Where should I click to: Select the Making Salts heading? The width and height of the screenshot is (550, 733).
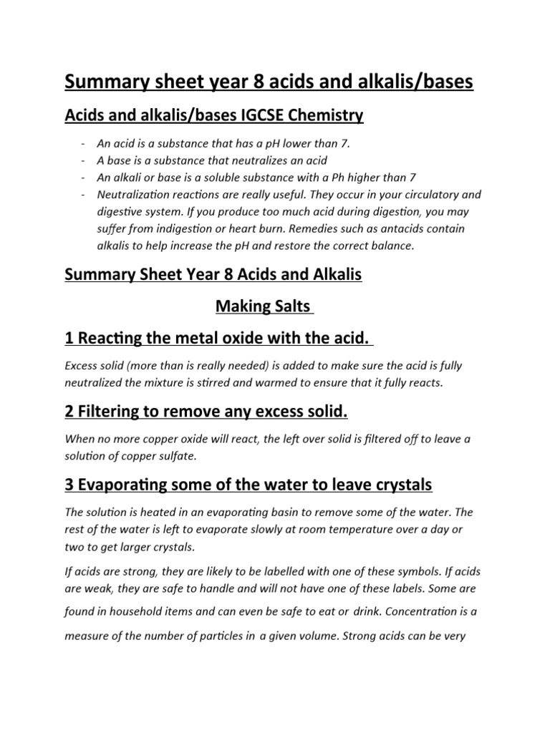(x=264, y=307)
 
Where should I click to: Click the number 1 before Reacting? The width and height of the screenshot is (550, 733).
(x=70, y=337)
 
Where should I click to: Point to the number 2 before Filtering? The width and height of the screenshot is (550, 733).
(x=70, y=412)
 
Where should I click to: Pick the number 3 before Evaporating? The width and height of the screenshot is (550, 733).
(x=70, y=485)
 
